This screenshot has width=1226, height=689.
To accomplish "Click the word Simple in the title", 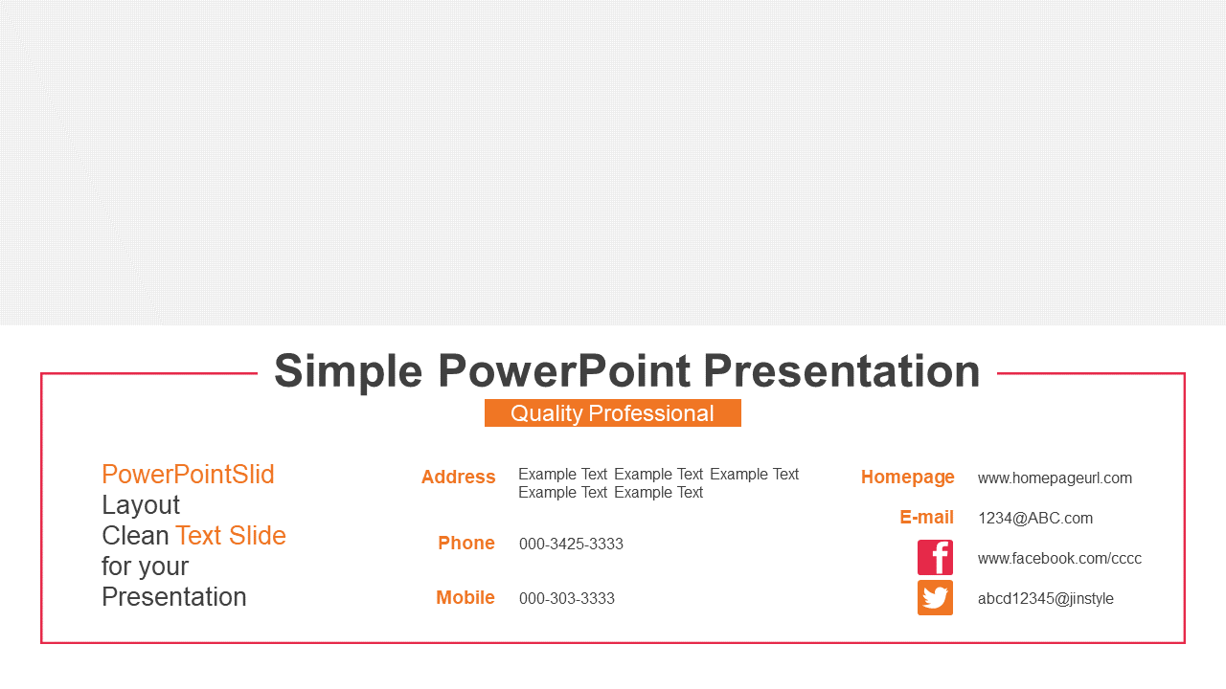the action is coord(348,372).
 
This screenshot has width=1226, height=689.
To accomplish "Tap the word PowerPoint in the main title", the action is coord(564,370).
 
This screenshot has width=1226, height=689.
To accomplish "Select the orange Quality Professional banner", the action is coord(612,412).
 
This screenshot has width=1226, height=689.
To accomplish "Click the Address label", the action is coord(458,477).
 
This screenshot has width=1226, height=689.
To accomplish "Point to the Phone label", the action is coord(466,543).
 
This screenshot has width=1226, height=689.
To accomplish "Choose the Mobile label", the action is coord(465,598).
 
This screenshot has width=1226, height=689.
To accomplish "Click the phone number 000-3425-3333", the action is coord(571,545).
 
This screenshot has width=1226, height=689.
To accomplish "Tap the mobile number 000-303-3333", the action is coord(566,599).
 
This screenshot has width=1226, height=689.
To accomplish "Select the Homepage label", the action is coord(907,478).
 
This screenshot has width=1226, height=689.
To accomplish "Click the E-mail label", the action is coord(926,518).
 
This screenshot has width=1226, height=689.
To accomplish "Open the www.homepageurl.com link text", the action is coord(1055,478).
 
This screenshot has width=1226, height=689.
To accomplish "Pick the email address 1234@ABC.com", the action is coord(1035,519).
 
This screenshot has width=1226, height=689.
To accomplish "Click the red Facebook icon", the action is coord(935,557).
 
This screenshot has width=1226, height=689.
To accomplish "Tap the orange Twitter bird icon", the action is coord(935,598).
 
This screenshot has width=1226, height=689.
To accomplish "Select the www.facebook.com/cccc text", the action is coord(1059,558).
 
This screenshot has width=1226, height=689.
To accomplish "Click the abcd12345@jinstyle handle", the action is coord(1045,599).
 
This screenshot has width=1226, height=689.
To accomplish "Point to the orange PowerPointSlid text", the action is coord(188,474).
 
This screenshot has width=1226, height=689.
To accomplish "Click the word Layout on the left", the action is coord(141,505).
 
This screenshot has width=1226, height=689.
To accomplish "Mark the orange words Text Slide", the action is coord(231,535).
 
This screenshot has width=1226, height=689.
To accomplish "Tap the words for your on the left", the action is coord(145,567).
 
